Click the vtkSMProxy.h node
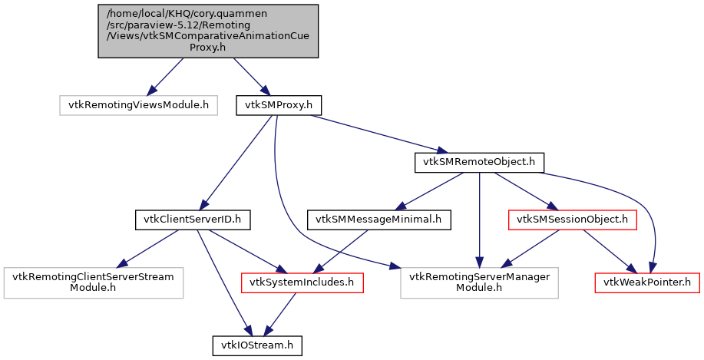(278, 104)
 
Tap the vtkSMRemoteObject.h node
(479, 162)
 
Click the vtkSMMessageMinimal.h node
(378, 220)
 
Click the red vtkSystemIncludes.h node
(302, 282)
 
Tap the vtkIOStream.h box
(257, 345)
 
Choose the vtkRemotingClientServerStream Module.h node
(93, 282)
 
